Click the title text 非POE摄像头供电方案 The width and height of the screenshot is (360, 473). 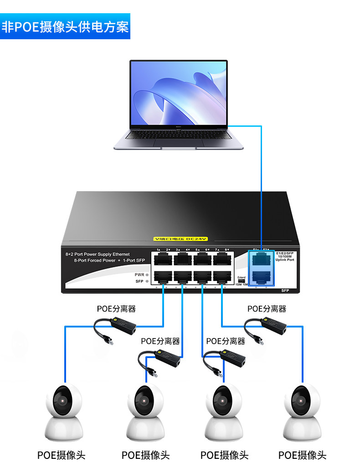coord(65,26)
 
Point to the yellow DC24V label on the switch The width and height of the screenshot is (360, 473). coord(180,239)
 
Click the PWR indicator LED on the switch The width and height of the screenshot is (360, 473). coord(147,275)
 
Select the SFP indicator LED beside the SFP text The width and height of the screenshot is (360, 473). coord(147,281)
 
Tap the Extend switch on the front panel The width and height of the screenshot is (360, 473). coord(241,281)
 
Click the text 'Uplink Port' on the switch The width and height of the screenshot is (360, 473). coord(285,260)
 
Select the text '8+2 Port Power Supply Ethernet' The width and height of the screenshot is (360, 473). coord(98,254)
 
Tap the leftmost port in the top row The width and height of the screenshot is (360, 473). coord(163,260)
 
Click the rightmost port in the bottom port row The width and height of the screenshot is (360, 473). coord(221,276)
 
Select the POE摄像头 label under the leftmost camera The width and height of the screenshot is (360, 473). coord(61,455)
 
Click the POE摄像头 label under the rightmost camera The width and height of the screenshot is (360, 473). coord(302,455)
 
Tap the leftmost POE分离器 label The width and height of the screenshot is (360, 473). coord(116,309)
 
